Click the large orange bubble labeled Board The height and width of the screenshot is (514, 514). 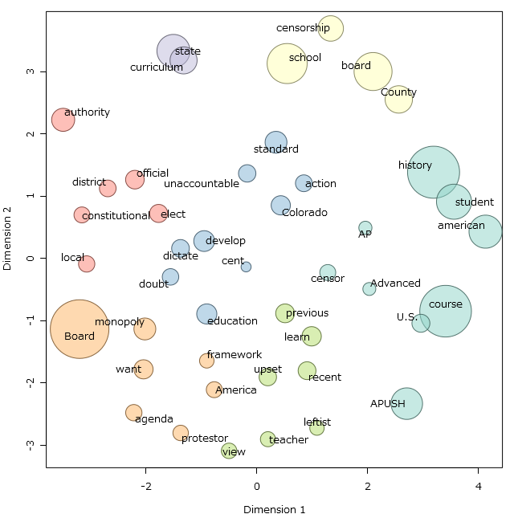pos(80,329)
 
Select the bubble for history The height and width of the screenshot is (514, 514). pos(434,172)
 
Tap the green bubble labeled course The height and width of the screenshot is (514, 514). pos(445,311)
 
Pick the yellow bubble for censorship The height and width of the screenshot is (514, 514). pos(331,29)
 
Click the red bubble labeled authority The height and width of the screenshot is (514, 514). pos(63,120)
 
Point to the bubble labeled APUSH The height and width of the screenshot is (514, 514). pos(406,403)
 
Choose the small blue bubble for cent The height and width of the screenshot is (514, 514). pos(246,267)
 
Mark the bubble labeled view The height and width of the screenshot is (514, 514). pos(229,451)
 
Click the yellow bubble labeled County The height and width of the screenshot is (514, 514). pos(398,100)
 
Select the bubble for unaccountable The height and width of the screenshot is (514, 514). pos(247,173)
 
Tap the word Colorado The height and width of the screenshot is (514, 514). pos(304,213)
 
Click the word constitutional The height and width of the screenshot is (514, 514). pos(116,216)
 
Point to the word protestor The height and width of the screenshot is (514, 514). pos(205,439)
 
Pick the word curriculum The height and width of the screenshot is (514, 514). pos(157,67)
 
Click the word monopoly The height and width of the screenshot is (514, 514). pos(119,322)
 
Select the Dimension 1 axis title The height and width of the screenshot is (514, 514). pos(274,509)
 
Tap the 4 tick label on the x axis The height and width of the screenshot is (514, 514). pos(479,487)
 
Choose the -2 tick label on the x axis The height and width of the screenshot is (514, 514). pos(146,487)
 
